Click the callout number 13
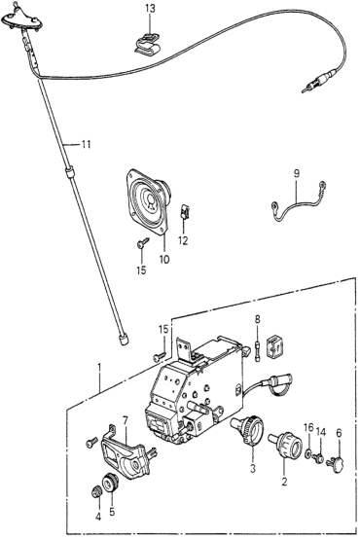pyautogui.click(x=150, y=8)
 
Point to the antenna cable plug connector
pyautogui.click(x=320, y=80)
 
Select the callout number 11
pyautogui.click(x=86, y=144)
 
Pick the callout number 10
pyautogui.click(x=164, y=259)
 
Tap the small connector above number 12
pyautogui.click(x=185, y=212)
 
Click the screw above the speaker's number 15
pyautogui.click(x=143, y=242)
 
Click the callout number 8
pyautogui.click(x=258, y=318)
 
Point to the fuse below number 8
pyautogui.click(x=258, y=351)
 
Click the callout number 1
pyautogui.click(x=99, y=368)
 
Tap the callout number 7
pyautogui.click(x=126, y=420)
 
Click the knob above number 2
pyautogui.click(x=286, y=444)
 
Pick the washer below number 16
pyautogui.click(x=308, y=453)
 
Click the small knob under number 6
pyautogui.click(x=337, y=464)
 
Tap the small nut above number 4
pyautogui.click(x=96, y=492)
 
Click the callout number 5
pyautogui.click(x=112, y=512)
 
